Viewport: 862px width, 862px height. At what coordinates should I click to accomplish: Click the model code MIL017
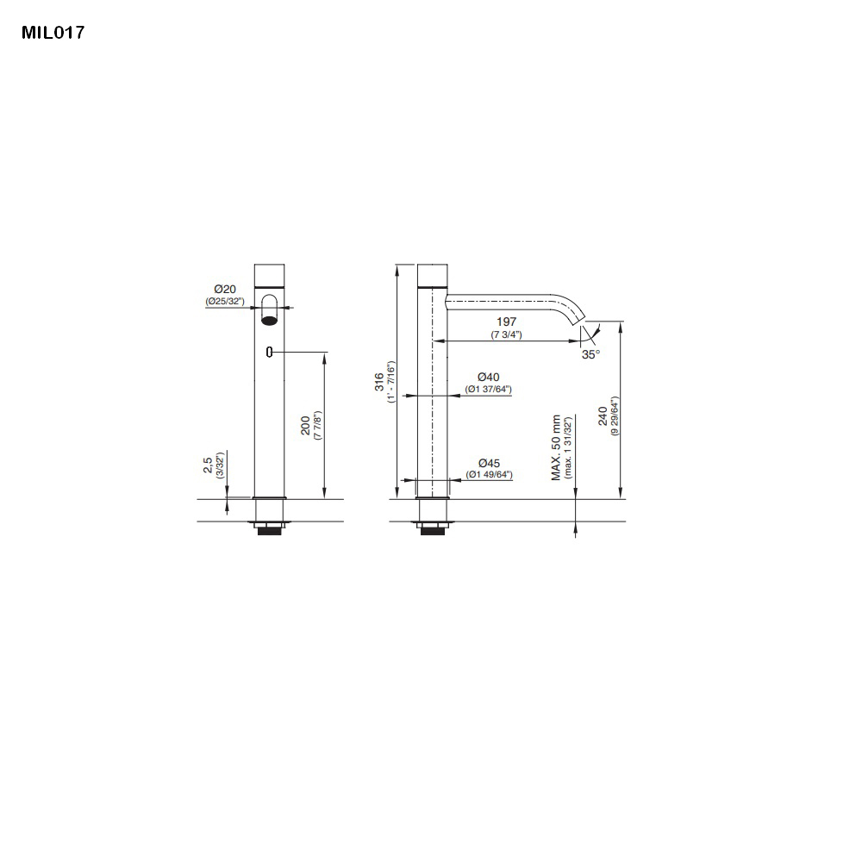point(53,34)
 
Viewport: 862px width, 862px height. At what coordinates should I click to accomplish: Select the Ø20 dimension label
point(225,289)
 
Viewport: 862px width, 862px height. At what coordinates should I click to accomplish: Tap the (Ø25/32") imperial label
point(225,302)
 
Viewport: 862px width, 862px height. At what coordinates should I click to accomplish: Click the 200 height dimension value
point(305,425)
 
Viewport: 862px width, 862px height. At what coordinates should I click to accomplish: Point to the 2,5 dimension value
point(208,465)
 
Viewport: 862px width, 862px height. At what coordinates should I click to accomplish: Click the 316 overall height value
point(379,383)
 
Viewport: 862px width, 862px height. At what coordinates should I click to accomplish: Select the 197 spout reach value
point(507,321)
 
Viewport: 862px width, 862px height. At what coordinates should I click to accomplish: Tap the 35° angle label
point(590,353)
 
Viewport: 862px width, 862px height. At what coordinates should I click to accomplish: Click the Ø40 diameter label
point(489,377)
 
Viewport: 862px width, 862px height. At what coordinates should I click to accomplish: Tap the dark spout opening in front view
point(270,321)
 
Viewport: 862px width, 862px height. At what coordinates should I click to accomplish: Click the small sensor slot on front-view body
point(270,352)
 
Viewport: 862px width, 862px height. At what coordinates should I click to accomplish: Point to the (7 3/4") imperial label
point(507,334)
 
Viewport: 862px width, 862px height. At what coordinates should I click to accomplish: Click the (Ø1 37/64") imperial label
point(489,390)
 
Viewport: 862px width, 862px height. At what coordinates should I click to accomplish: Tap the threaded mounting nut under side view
point(432,528)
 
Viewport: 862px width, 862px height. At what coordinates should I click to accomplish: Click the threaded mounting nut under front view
point(270,528)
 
